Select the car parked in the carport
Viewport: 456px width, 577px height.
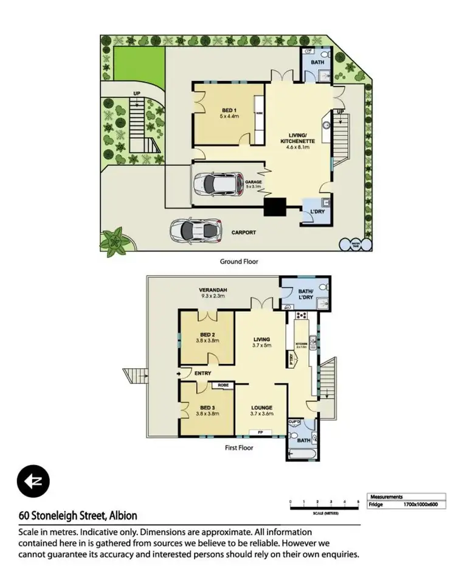[193, 229]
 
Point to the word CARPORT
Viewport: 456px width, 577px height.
[243, 233]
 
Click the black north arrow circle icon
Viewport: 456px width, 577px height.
[33, 481]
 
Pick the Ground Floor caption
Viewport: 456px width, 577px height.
[239, 261]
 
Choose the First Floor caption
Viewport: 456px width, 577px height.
[238, 447]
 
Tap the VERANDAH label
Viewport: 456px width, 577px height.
[213, 290]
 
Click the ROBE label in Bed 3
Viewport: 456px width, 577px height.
[220, 385]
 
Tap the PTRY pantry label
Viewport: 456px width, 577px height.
[292, 360]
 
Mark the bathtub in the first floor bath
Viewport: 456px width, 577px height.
[300, 453]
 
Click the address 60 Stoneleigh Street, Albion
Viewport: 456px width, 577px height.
[77, 516]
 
